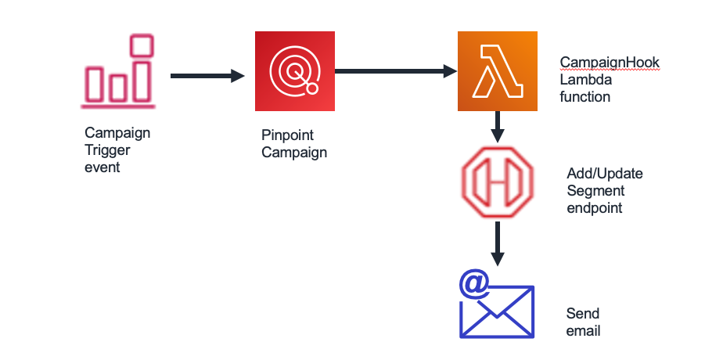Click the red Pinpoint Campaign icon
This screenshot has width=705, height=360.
(x=295, y=71)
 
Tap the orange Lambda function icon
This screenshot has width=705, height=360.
(x=498, y=71)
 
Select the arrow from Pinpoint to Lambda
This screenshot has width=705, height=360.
(x=396, y=72)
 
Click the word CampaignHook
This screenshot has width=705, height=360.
(x=610, y=63)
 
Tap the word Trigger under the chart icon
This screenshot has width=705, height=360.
(x=107, y=150)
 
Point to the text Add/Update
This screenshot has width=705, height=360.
(x=604, y=174)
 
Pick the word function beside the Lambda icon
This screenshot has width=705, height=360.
(x=585, y=97)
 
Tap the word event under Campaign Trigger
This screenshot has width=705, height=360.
(x=102, y=167)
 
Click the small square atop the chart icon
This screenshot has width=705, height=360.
(x=142, y=45)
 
